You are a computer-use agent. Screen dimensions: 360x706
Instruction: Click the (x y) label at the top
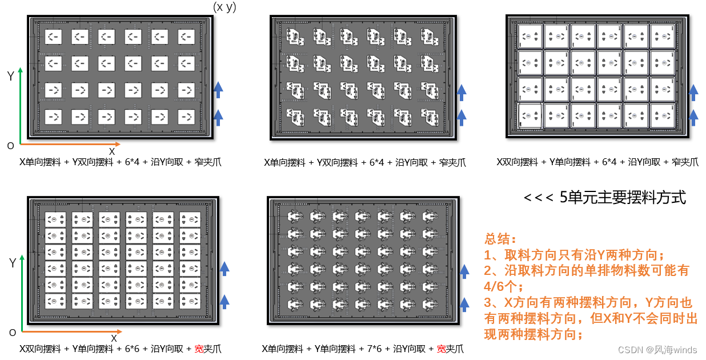click(224, 7)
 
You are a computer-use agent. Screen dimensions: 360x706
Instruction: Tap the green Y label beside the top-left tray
click(10, 76)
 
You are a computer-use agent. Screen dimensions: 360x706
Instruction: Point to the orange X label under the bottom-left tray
click(114, 338)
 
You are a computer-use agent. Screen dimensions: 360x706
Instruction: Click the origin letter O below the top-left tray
click(10, 146)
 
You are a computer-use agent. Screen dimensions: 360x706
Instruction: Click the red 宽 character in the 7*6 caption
click(441, 349)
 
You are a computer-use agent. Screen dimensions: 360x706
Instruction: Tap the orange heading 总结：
click(501, 238)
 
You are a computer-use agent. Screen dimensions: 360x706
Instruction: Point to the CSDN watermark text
click(631, 350)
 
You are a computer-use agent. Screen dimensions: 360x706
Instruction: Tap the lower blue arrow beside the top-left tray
click(218, 118)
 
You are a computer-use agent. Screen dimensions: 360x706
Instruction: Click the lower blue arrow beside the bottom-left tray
click(224, 301)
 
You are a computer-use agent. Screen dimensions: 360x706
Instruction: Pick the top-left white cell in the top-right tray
click(529, 36)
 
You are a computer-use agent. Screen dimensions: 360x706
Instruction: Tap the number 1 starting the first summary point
click(488, 254)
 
